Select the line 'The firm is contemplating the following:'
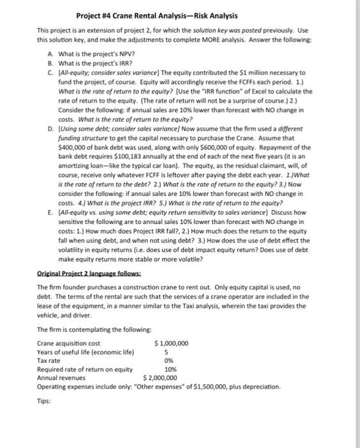pyautogui.click(x=94, y=329)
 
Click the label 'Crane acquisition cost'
pyautogui.click(x=67, y=343)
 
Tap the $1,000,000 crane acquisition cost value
pyautogui.click(x=171, y=343)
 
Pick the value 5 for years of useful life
pyautogui.click(x=166, y=352)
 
